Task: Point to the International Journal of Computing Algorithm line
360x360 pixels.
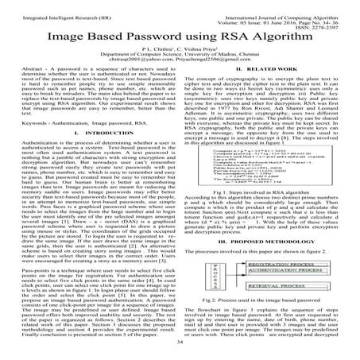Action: [x=287, y=7]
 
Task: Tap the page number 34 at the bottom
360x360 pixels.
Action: [x=180, y=352]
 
